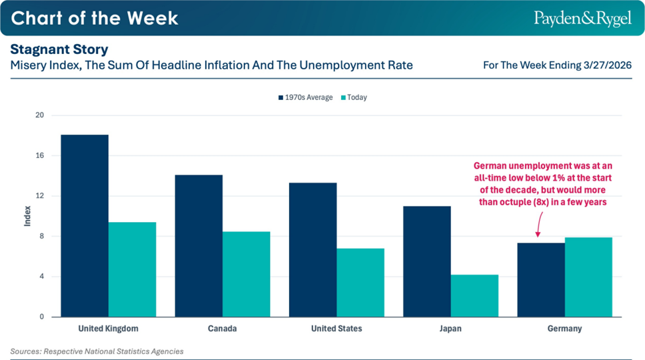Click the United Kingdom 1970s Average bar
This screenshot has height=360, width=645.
[85, 226]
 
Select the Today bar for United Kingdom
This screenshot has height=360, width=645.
[132, 269]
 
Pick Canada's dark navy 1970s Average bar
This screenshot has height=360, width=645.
[199, 246]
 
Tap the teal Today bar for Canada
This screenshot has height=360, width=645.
[246, 274]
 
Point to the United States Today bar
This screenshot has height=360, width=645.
[360, 283]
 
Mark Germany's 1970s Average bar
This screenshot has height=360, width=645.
[541, 280]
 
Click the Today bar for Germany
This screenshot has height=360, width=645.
[588, 277]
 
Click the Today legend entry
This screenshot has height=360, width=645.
[354, 97]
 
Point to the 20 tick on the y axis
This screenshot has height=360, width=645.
[39, 115]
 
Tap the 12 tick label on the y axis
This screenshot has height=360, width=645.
[39, 196]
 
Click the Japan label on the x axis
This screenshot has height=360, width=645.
[450, 329]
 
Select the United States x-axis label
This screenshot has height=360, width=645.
[336, 329]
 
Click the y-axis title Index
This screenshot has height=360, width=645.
[27, 217]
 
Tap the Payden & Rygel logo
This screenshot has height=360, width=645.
[582, 18]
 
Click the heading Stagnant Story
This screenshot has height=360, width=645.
[59, 50]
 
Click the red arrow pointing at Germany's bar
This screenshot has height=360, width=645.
[537, 230]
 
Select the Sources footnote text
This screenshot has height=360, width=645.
[97, 351]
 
